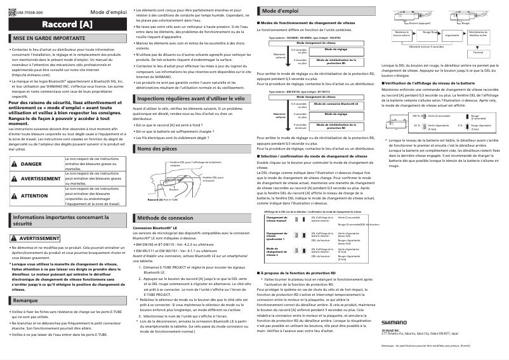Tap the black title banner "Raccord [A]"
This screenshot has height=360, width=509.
67,25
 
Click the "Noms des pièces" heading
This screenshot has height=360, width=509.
159,148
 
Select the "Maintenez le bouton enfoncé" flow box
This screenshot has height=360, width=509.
400,33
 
